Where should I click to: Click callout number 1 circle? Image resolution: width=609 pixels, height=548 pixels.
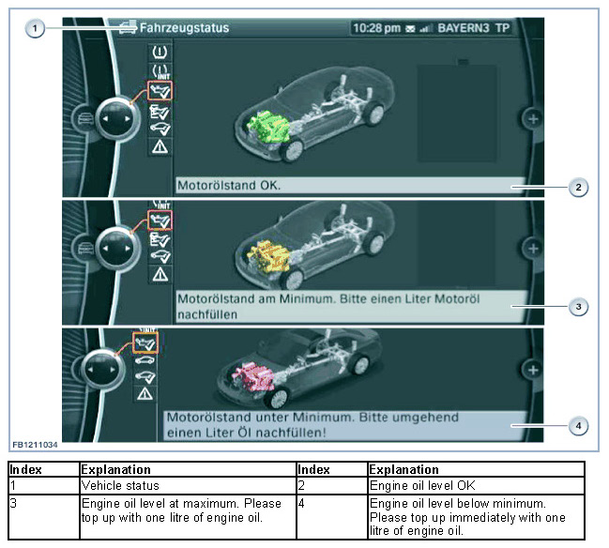click(35, 28)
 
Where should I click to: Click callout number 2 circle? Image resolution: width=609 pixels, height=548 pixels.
click(579, 187)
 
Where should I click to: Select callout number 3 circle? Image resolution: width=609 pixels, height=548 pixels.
click(579, 306)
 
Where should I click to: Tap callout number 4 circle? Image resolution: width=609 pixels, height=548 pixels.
click(579, 425)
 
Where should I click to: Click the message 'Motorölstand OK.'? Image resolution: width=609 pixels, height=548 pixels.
click(229, 186)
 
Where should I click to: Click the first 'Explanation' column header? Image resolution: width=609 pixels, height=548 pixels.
click(116, 469)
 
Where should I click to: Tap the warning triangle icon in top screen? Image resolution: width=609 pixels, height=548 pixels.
click(160, 146)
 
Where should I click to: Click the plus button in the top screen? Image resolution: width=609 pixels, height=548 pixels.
click(532, 119)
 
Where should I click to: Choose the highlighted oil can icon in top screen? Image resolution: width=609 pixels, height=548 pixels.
click(160, 92)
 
